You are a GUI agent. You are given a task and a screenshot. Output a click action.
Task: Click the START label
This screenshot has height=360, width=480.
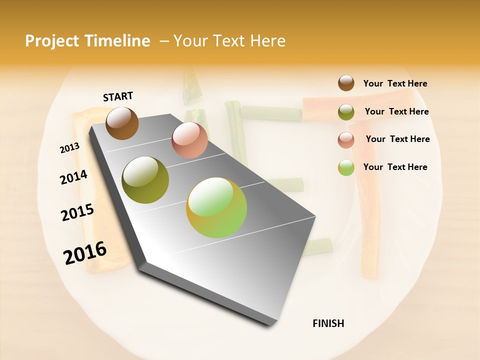118,96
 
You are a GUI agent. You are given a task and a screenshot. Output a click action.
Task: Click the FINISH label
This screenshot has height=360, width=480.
328,323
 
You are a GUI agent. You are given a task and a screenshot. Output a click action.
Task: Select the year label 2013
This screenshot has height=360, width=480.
69,148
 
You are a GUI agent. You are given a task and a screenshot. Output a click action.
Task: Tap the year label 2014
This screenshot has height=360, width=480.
73,177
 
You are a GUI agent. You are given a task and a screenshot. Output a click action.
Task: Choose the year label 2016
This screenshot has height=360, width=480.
85,252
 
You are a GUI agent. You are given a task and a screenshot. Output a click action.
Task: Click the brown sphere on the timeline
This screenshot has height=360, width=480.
122,123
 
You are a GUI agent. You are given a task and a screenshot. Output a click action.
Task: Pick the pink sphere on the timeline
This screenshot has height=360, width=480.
189,140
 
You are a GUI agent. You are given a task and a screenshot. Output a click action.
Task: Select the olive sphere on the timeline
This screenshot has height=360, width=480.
145,179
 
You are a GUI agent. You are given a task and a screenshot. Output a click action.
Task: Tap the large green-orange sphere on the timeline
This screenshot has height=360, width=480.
216,207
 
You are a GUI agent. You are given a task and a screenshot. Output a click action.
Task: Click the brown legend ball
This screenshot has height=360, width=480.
346,83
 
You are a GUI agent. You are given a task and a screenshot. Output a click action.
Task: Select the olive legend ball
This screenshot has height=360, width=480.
346,112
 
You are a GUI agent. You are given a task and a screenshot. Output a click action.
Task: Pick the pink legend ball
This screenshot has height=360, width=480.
346,139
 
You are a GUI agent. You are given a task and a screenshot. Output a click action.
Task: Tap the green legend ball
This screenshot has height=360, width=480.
346,167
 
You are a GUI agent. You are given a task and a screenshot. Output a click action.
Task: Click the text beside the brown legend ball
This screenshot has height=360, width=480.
395,84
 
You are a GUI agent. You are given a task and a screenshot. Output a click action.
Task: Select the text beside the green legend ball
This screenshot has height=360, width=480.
395,167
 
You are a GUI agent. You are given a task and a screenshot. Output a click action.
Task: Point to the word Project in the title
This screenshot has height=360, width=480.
52,41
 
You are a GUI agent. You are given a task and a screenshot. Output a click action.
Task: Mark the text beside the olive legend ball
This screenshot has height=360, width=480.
396,111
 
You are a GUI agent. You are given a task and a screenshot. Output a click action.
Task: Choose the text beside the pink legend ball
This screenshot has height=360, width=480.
397,139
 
